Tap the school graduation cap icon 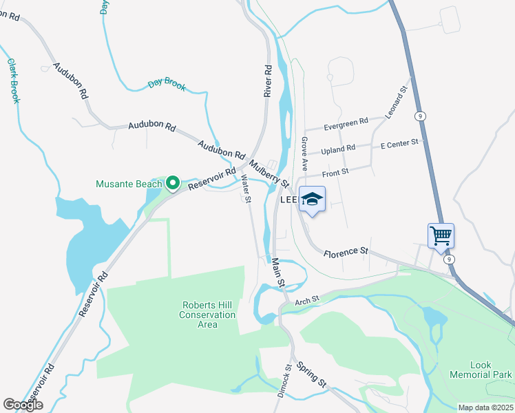click(311, 200)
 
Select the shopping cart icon click(441, 236)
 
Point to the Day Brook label click(167, 85)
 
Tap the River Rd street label click(269, 81)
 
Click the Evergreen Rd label click(346, 124)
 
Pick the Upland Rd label click(338, 148)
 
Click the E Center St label click(399, 142)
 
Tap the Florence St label click(346, 252)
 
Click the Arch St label click(308, 299)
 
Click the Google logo click(23, 405)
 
